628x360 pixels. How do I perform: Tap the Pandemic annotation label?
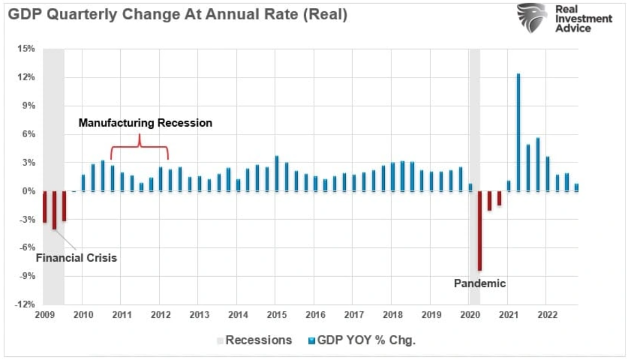click(x=479, y=284)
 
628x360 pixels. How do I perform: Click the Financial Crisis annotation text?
click(x=76, y=258)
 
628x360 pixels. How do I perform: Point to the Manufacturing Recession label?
click(x=145, y=123)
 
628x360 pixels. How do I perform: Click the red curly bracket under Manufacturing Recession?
click(x=139, y=147)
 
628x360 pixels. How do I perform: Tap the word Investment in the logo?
click(x=584, y=19)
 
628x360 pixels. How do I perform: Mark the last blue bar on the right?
click(x=576, y=187)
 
